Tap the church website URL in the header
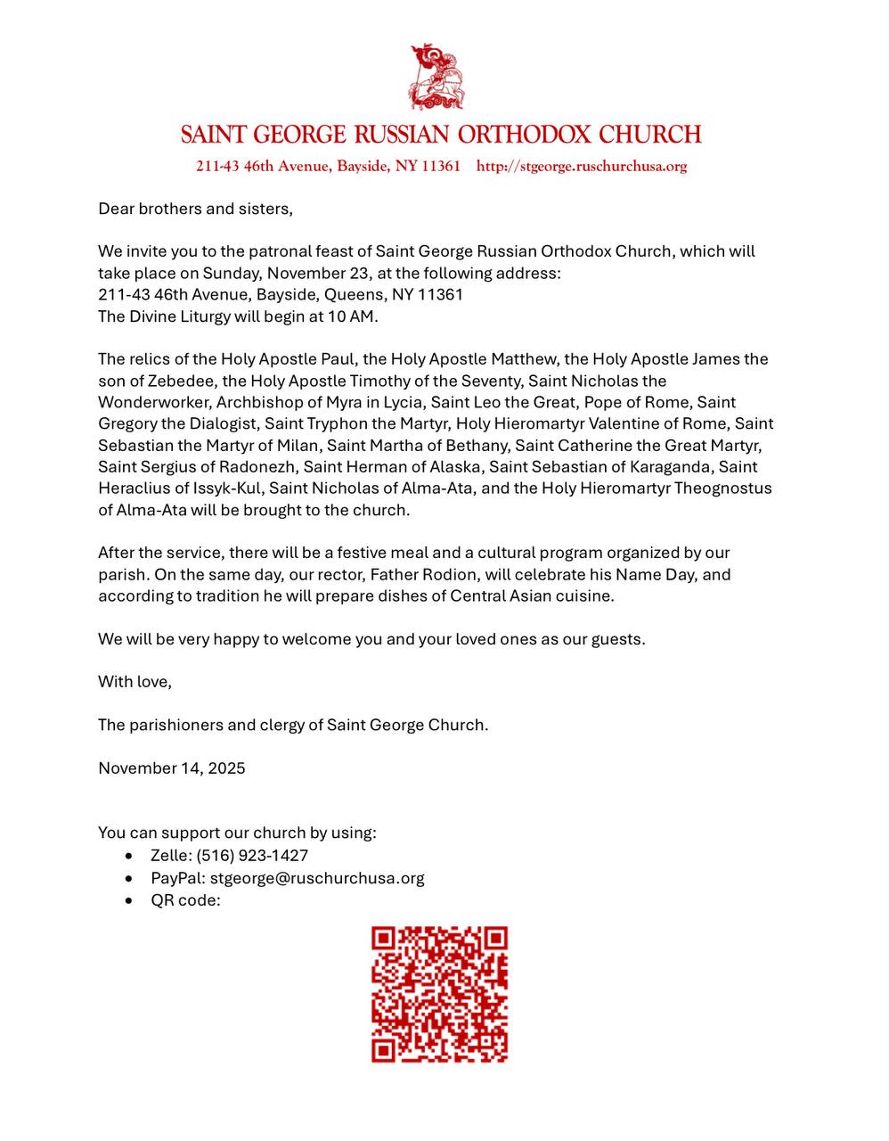(582, 166)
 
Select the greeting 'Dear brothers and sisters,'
(195, 209)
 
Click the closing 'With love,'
(135, 682)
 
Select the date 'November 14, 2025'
(172, 768)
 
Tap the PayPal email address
(317, 878)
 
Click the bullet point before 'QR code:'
(131, 900)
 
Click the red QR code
(439, 995)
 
